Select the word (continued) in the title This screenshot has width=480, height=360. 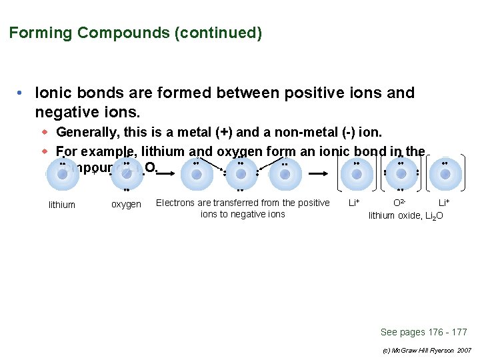(218, 33)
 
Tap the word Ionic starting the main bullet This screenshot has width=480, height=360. (53, 93)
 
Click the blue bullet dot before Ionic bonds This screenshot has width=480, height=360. (21, 93)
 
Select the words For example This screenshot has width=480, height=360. (93, 151)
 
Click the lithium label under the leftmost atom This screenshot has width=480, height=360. (62, 205)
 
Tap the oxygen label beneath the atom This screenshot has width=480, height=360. (126, 205)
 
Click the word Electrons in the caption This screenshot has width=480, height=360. (175, 203)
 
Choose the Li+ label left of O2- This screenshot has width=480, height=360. (355, 203)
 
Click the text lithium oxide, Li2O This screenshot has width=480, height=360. (406, 215)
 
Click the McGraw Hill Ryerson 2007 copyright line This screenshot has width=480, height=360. (427, 350)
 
